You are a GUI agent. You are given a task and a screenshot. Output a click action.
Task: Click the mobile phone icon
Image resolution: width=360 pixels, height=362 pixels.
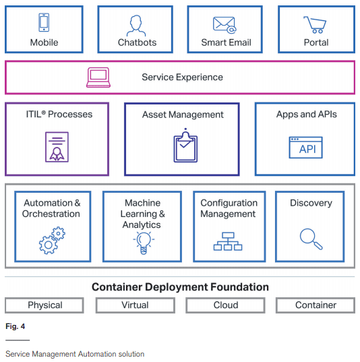tap(44, 22)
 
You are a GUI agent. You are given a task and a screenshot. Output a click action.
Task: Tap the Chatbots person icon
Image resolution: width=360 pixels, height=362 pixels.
tap(136, 26)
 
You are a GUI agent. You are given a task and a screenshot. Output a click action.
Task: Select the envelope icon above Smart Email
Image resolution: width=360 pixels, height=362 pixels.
tap(224, 25)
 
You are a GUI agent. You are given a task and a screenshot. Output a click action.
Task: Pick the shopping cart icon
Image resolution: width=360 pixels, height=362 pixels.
tap(315, 25)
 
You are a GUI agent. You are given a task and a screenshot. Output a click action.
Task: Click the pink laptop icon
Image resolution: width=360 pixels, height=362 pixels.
tap(98, 78)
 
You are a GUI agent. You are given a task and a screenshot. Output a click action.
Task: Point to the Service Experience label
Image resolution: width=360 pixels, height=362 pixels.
tap(182, 77)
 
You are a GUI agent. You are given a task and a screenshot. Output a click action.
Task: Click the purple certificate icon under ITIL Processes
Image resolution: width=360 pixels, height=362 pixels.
tap(57, 147)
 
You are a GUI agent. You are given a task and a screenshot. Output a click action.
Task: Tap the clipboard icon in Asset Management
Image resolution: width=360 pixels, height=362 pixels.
tap(185, 146)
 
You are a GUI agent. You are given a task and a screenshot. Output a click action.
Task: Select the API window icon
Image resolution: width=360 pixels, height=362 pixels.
tap(306, 148)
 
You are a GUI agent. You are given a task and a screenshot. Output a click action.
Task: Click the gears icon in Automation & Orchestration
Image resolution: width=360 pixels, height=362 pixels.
tap(52, 241)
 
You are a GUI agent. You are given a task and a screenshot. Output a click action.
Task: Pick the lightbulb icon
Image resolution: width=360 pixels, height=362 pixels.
tap(144, 243)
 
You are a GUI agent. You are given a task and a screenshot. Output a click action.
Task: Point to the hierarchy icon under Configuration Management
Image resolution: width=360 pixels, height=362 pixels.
tap(228, 241)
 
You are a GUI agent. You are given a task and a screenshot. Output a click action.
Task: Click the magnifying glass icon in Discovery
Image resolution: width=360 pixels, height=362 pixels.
tap(311, 239)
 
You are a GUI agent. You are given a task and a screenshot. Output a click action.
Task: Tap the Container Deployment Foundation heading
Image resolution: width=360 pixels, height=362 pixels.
tap(180, 287)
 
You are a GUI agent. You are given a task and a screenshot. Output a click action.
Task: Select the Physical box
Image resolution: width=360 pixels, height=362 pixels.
tap(44, 305)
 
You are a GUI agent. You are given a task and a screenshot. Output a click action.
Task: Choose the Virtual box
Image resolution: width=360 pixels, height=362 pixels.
tap(136, 305)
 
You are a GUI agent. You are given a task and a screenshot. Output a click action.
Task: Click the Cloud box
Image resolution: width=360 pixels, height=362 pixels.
tap(225, 305)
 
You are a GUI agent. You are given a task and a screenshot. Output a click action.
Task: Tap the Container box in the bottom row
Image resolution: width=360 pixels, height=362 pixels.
tap(316, 305)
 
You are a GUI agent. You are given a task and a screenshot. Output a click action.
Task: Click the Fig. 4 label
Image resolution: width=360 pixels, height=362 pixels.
tap(16, 326)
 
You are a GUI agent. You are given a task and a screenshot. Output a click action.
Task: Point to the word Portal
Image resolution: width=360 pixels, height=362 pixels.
tap(316, 42)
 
